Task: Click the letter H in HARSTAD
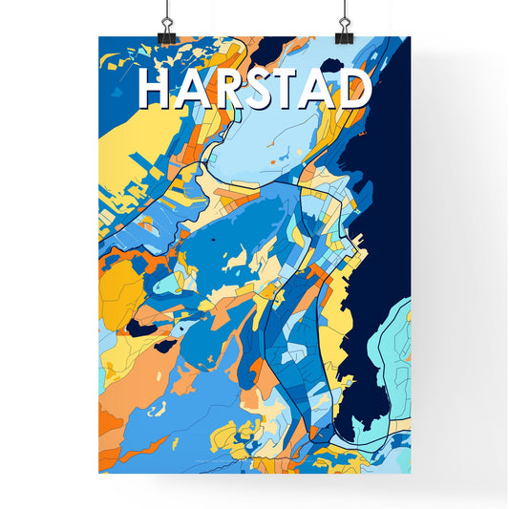tap(155, 88)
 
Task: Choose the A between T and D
tap(318, 89)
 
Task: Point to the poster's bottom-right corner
tap(410, 473)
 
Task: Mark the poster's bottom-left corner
tap(99, 473)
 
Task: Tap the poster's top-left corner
tap(99, 37)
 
